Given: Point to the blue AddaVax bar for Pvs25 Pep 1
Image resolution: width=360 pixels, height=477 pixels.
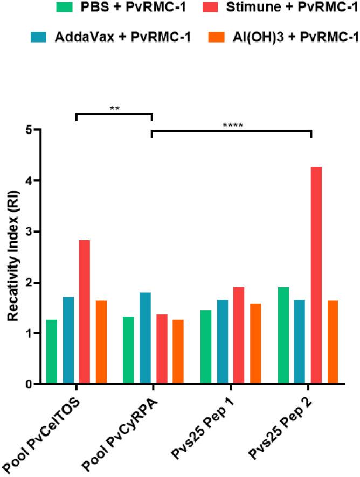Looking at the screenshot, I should (223, 342).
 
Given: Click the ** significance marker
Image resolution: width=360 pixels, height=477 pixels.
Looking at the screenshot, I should (114, 108).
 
